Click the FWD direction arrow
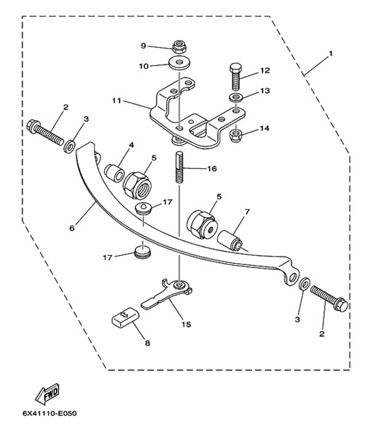(x=47, y=392)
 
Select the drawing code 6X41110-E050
(x=50, y=414)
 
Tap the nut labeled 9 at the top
(x=179, y=47)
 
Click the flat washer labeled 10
(x=179, y=63)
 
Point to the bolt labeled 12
(x=236, y=77)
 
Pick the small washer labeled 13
(x=236, y=98)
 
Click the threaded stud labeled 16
(x=180, y=168)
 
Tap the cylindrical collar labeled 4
(x=115, y=173)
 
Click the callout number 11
(x=117, y=101)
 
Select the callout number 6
(x=72, y=228)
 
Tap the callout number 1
(x=330, y=53)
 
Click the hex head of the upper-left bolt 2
(x=34, y=126)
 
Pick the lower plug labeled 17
(x=142, y=251)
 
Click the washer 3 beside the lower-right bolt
(x=304, y=284)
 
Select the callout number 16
(x=212, y=169)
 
